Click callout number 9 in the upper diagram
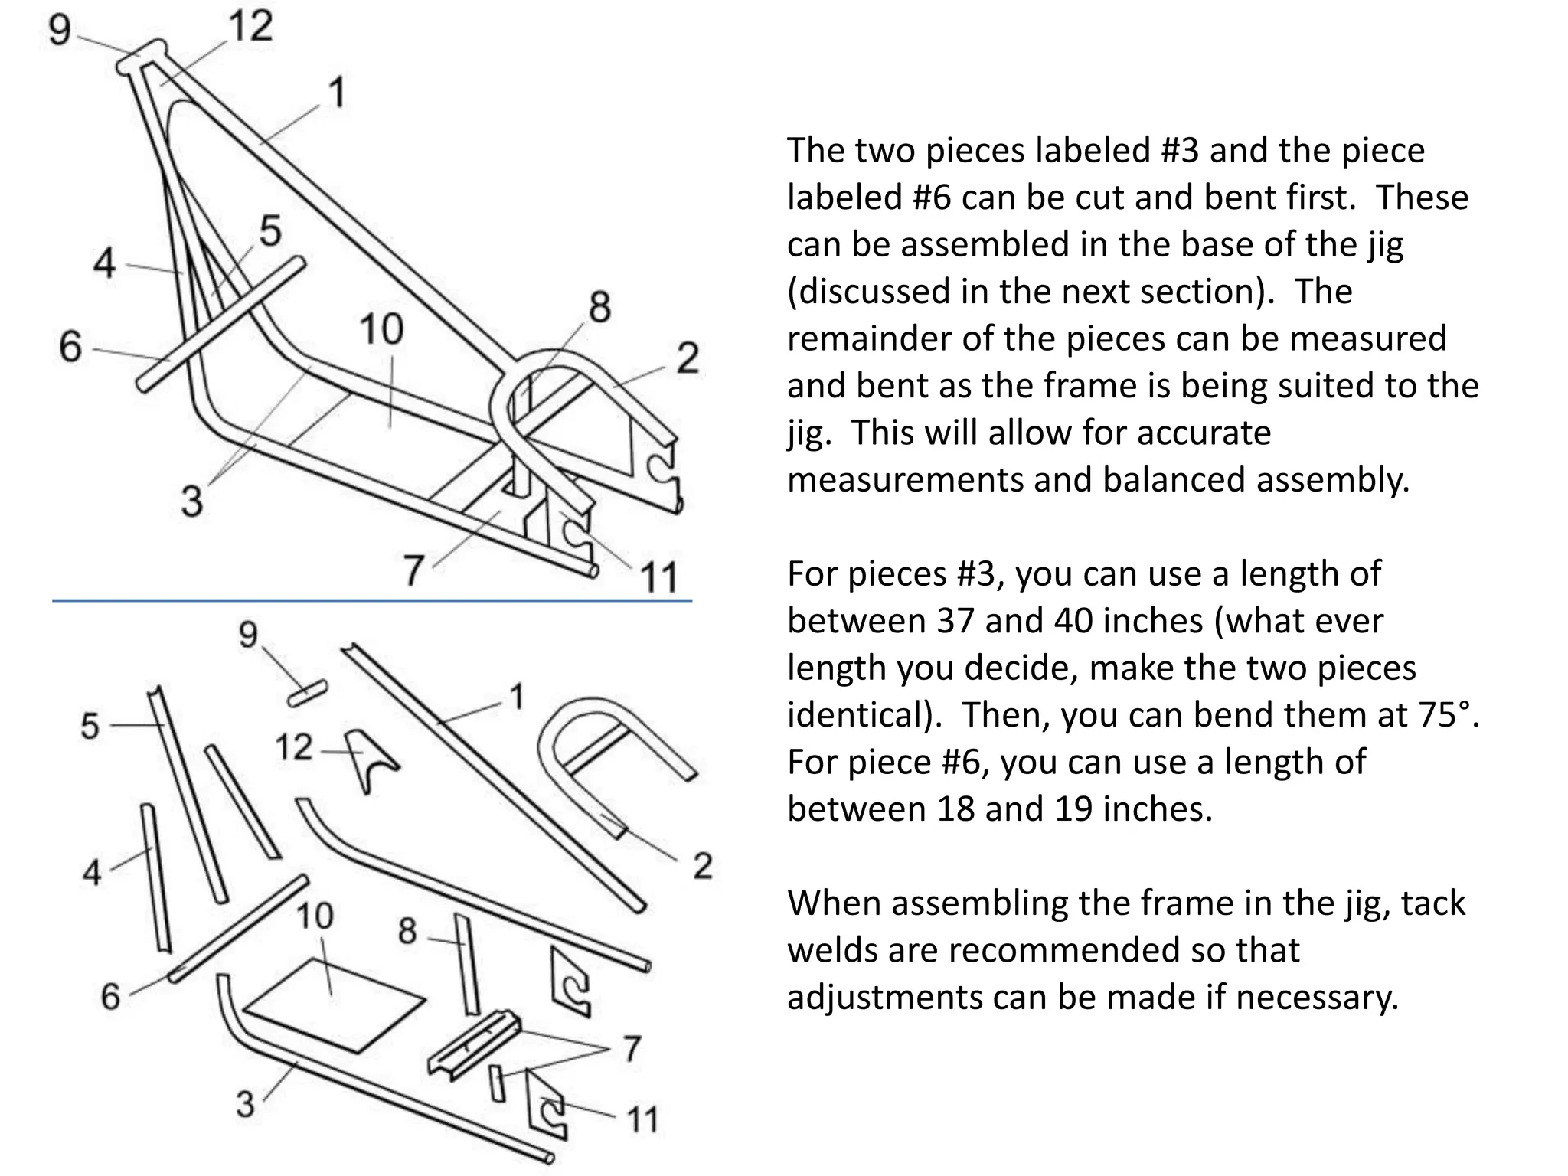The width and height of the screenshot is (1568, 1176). pyautogui.click(x=60, y=30)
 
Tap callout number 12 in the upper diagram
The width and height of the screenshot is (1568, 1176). pyautogui.click(x=250, y=26)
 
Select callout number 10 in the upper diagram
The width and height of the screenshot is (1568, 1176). pyautogui.click(x=381, y=330)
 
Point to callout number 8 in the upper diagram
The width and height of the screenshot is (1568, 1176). pyautogui.click(x=599, y=307)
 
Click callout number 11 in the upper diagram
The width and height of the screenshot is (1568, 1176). pyautogui.click(x=658, y=577)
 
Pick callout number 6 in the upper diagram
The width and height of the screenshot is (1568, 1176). pyautogui.click(x=70, y=346)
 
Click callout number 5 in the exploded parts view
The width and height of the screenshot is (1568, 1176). pyautogui.click(x=90, y=726)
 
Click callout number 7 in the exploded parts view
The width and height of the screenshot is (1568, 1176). pyautogui.click(x=631, y=1049)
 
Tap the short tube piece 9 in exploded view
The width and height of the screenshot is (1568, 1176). pyautogui.click(x=308, y=693)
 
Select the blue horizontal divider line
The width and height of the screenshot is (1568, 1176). pyautogui.click(x=372, y=602)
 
